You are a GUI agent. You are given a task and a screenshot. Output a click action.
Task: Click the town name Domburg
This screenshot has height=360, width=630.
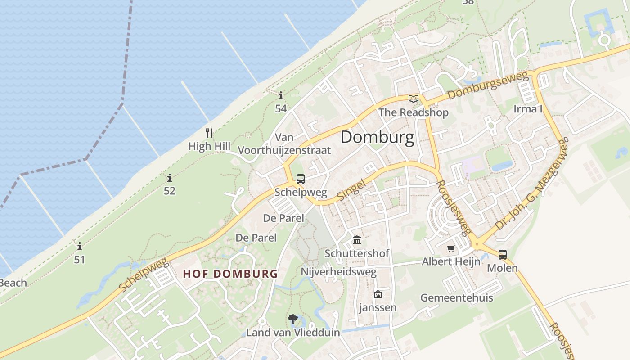(377, 137)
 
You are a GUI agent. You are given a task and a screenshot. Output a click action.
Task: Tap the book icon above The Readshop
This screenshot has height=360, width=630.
(413, 99)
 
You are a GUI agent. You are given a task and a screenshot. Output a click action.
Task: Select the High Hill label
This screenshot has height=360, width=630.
(209, 146)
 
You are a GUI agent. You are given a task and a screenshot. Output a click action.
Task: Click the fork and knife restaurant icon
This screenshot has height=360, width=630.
(209, 133)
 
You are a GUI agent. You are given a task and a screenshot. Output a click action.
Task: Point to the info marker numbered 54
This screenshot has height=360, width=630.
(281, 95)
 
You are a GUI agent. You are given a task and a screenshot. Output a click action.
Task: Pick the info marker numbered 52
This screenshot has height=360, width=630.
(169, 178)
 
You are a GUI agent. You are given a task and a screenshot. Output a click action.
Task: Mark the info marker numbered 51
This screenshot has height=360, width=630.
(80, 247)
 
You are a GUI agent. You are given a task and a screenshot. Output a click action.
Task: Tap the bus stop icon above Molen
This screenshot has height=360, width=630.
(502, 255)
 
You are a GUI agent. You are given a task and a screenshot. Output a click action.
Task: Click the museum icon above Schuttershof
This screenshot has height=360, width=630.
(357, 240)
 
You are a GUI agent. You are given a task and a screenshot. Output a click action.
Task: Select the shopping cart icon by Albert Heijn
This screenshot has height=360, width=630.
(451, 249)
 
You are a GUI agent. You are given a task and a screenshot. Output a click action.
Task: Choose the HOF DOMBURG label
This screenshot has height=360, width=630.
(230, 274)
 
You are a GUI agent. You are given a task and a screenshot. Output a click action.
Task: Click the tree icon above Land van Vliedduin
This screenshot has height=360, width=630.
(293, 319)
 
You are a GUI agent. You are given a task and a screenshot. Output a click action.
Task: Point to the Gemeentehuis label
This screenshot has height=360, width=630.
(456, 298)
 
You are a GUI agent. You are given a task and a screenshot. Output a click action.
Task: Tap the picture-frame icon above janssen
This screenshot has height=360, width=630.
(378, 294)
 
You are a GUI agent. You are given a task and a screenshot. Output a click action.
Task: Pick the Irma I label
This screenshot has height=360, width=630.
(528, 109)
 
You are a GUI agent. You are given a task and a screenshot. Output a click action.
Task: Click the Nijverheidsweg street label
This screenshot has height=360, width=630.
(338, 272)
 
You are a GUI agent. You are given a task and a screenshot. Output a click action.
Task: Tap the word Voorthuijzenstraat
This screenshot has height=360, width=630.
(284, 150)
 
